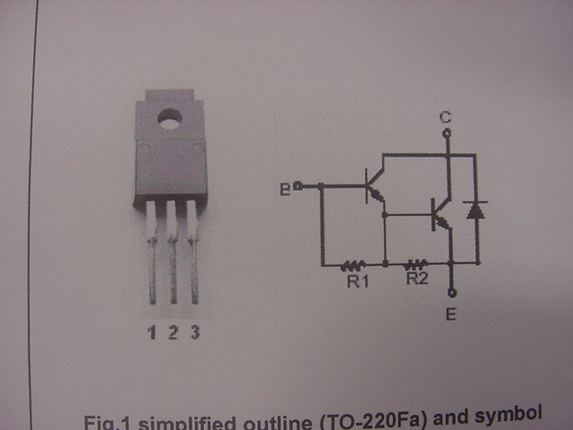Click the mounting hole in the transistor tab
pyautogui.click(x=167, y=116)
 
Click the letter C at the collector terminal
pyautogui.click(x=446, y=117)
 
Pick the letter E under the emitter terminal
pyautogui.click(x=450, y=314)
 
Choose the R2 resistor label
pyautogui.click(x=417, y=279)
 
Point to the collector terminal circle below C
pyautogui.click(x=446, y=133)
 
